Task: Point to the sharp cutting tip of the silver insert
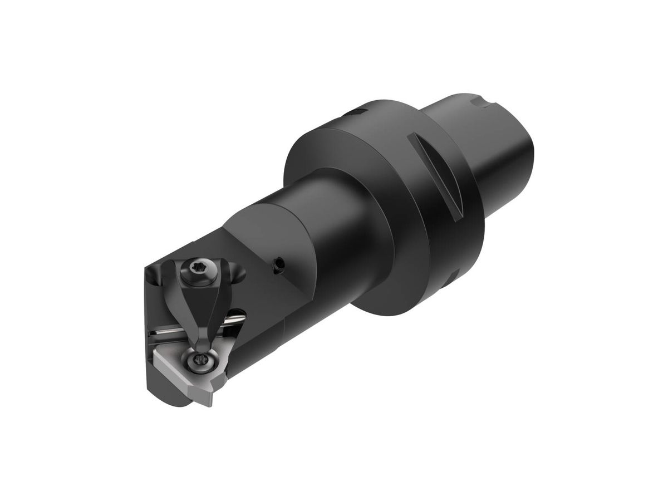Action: pyautogui.click(x=210, y=403)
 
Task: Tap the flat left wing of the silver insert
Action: pyautogui.click(x=170, y=362)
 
